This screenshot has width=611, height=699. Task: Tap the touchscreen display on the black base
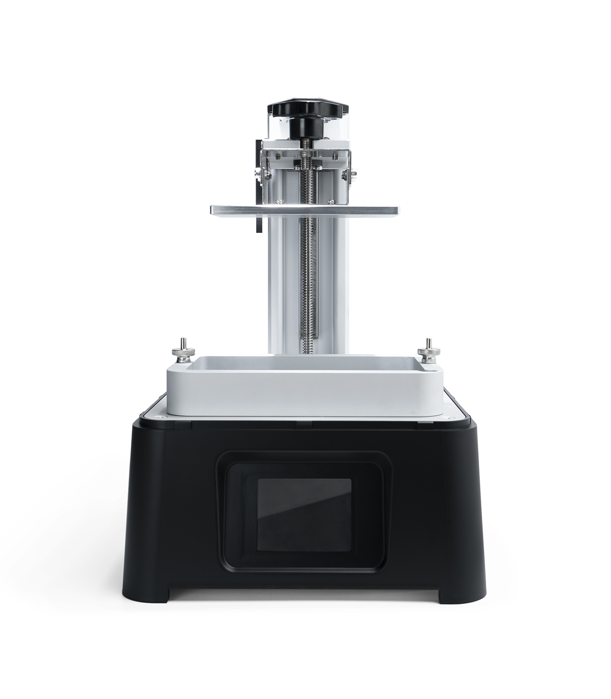[x=304, y=514]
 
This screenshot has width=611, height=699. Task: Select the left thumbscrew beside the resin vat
[x=181, y=354]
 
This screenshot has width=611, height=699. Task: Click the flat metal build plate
[x=305, y=210]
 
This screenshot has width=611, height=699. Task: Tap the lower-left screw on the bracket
[x=278, y=201]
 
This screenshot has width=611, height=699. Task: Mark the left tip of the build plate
[x=211, y=211]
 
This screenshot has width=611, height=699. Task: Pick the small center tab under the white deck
[x=304, y=423]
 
